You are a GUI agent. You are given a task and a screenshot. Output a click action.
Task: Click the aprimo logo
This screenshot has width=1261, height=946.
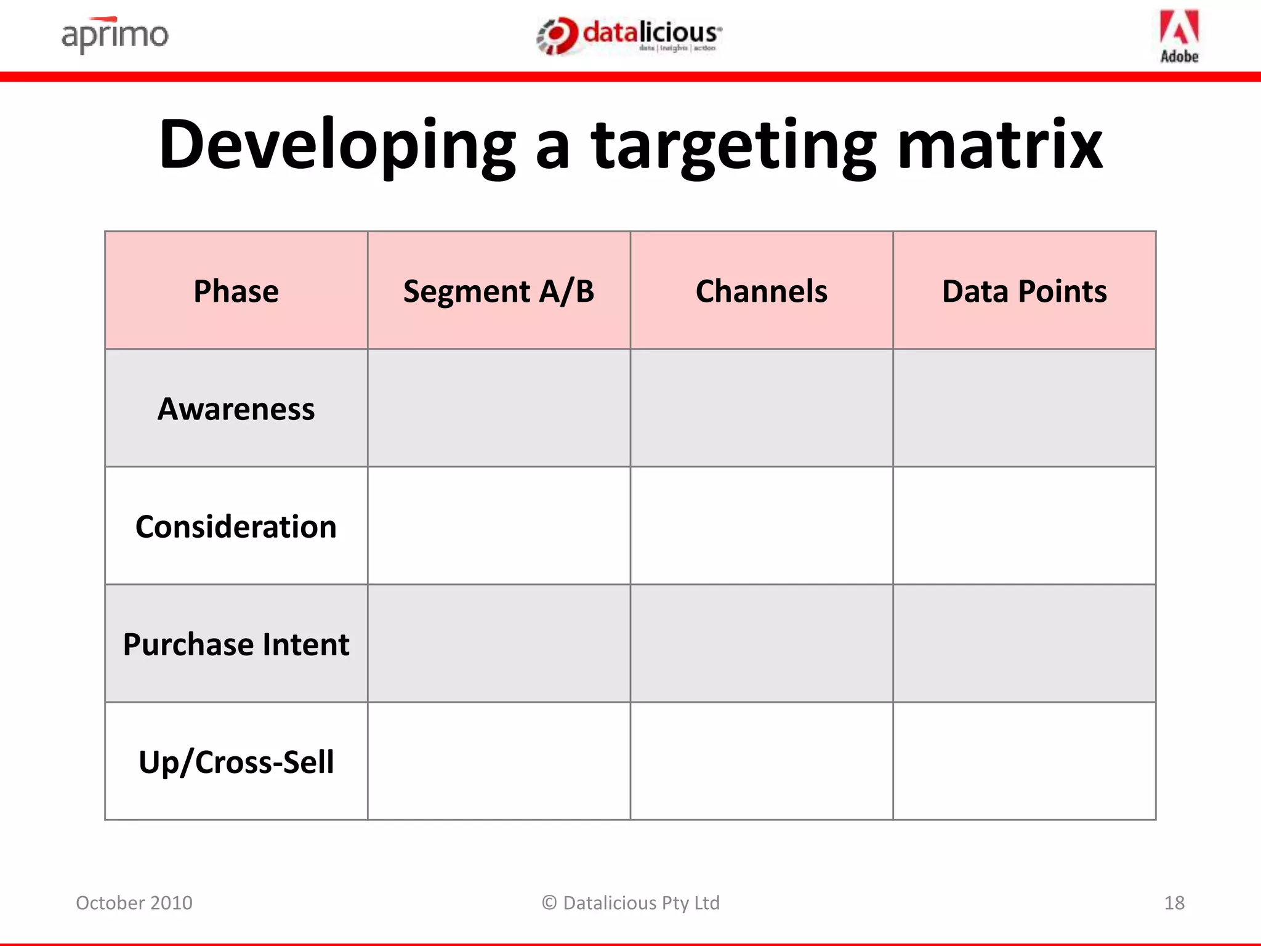115,35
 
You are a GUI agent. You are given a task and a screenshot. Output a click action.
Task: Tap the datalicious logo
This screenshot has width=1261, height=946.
629,36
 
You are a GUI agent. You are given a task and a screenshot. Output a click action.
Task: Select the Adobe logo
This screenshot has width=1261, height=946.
1179,36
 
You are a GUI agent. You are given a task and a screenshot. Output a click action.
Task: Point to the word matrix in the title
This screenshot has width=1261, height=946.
999,145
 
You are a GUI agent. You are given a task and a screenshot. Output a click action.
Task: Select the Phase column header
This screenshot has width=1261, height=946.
236,291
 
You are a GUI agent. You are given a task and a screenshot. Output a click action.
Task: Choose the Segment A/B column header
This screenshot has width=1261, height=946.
499,291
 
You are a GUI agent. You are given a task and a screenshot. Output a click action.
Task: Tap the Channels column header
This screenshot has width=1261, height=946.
762,291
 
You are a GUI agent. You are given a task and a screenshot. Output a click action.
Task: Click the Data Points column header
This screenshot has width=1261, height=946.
1024,291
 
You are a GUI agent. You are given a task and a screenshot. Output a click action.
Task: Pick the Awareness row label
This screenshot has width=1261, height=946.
236,409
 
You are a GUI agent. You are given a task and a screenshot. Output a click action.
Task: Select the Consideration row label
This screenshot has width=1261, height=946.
236,527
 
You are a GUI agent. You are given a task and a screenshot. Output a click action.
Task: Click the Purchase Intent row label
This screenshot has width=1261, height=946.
236,644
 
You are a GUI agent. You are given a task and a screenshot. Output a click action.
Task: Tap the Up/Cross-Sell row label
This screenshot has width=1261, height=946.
236,762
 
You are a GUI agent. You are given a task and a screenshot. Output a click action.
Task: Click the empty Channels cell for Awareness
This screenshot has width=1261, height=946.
762,408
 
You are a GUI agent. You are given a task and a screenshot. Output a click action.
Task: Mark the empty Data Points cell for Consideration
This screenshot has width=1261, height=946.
1024,526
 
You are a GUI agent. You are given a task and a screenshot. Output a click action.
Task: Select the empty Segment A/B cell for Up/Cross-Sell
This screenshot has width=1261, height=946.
499,761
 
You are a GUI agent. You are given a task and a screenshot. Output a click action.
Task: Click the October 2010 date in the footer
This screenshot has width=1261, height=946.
134,903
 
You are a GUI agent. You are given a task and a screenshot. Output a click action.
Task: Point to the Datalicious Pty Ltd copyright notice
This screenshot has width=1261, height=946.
630,903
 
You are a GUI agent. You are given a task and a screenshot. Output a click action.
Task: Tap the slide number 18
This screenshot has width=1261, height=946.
1174,903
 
